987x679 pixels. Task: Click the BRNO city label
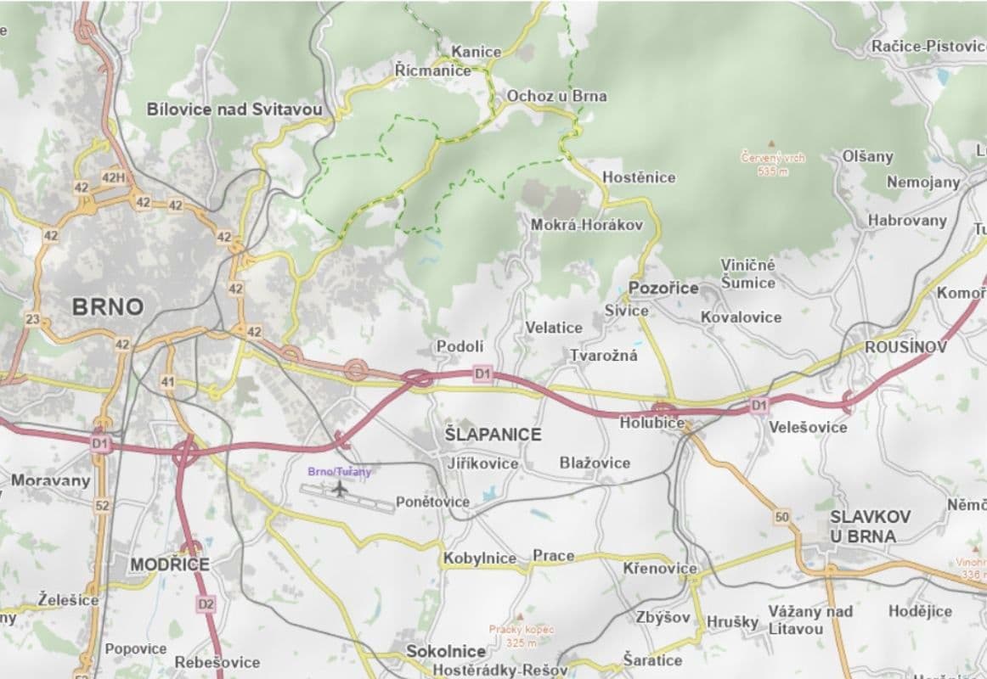107,307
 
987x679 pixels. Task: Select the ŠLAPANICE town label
493,435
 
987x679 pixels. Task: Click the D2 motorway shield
205,604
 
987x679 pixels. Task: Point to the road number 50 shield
782,516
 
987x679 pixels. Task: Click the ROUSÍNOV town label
905,348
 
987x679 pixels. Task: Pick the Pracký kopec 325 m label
522,636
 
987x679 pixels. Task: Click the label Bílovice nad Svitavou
235,109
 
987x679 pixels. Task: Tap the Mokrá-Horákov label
586,225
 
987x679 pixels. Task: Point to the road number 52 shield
102,506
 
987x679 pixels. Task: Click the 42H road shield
113,177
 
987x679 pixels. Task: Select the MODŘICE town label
169,564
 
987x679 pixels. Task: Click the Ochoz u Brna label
556,96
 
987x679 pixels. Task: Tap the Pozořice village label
663,288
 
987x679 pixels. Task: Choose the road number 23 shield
33,320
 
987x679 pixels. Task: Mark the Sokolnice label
446,652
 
